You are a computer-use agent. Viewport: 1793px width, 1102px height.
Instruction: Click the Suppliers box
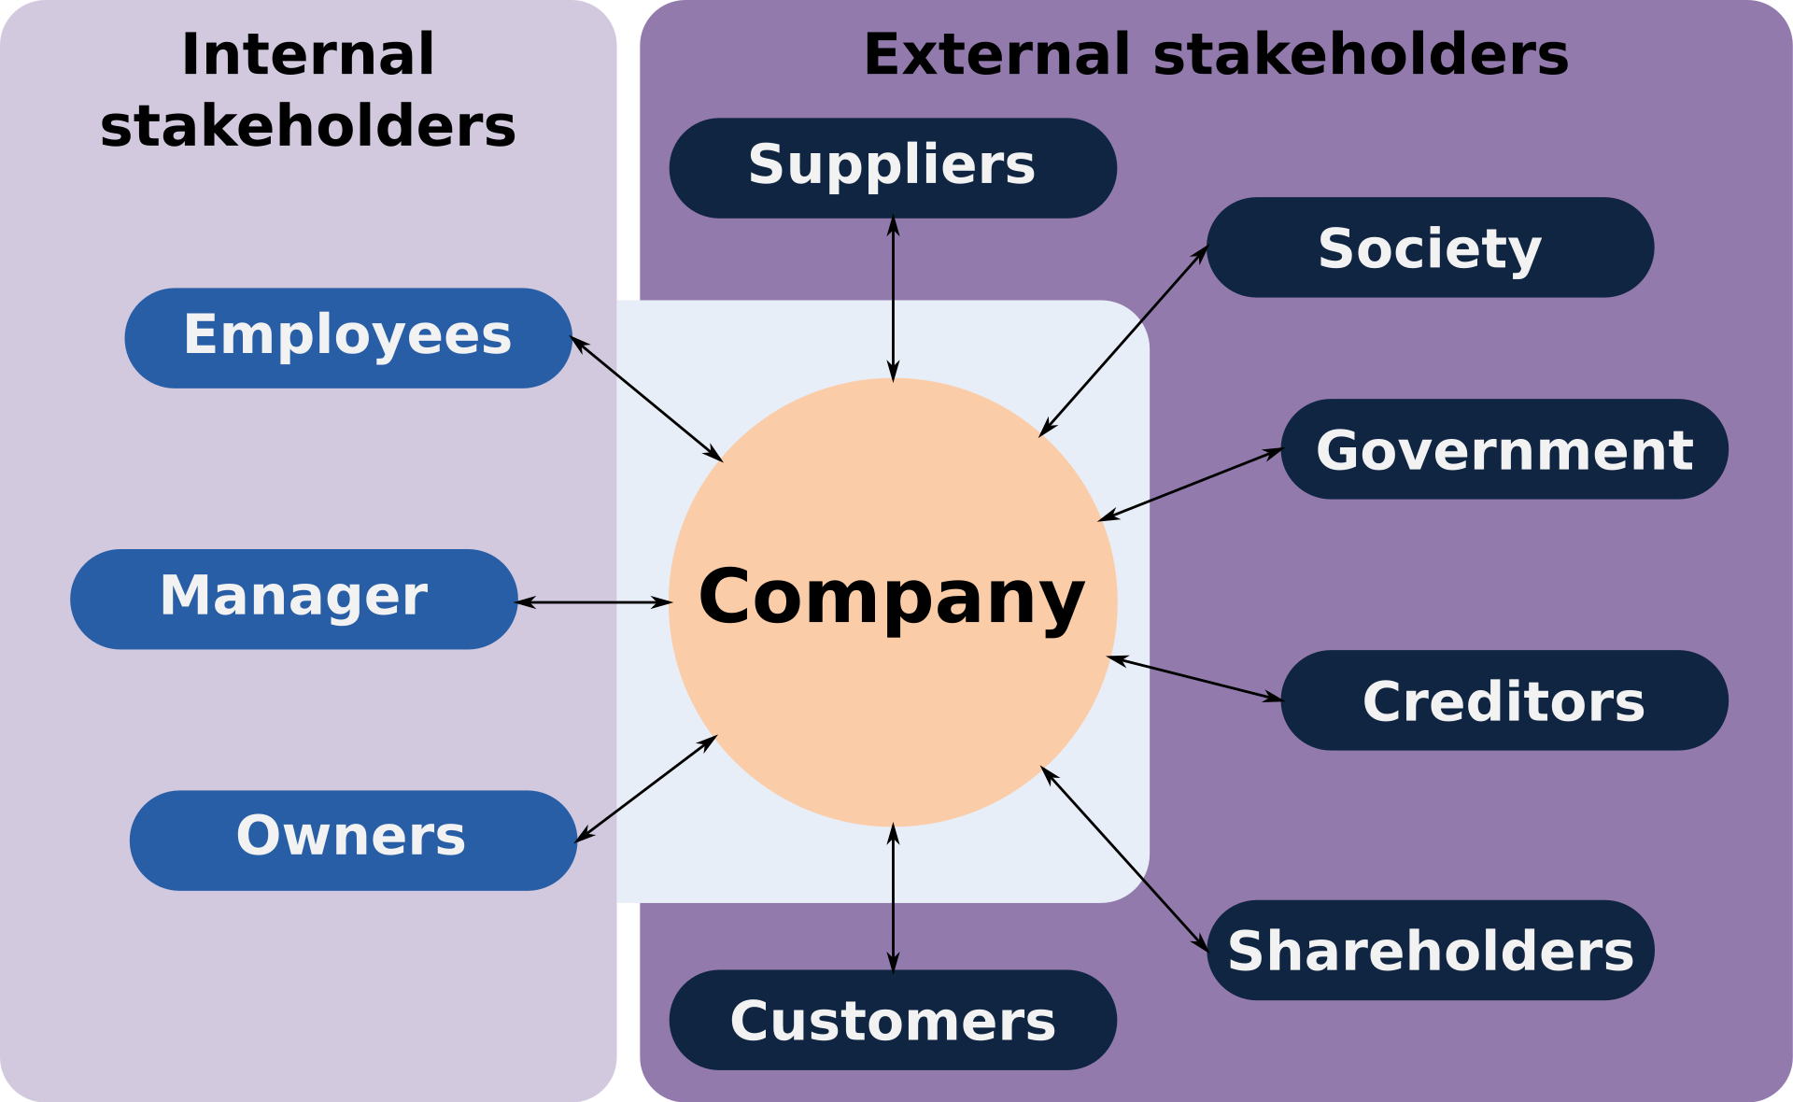(893, 167)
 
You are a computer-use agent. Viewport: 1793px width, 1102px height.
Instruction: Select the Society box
(1430, 247)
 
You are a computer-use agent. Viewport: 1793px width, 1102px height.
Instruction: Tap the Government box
(1504, 449)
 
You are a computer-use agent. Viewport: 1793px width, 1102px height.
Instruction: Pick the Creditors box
(1504, 700)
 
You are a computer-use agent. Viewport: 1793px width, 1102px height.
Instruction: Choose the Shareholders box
(1430, 950)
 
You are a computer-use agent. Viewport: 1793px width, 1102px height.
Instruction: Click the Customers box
(893, 1020)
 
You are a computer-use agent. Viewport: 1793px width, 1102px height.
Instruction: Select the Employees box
(347, 337)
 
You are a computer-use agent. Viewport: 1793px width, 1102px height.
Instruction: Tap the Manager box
(293, 599)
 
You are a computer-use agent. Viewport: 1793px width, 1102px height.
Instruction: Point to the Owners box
(352, 840)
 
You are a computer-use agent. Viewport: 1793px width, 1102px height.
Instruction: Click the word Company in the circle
(892, 598)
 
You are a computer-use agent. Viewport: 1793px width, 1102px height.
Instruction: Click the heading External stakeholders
(1216, 54)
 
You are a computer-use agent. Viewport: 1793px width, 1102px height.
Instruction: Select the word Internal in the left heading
(308, 54)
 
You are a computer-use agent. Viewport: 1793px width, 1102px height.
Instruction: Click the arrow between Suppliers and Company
(893, 299)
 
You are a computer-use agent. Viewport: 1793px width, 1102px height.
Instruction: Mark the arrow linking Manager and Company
(594, 602)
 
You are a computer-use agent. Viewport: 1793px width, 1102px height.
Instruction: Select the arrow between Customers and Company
(893, 898)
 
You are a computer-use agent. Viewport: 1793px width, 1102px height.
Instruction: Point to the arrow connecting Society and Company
(1123, 341)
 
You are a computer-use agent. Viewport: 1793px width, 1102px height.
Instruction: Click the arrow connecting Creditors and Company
(1194, 679)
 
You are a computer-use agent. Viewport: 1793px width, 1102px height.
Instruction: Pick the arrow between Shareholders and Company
(1124, 858)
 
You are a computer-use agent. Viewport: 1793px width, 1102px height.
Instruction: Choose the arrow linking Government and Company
(1191, 485)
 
